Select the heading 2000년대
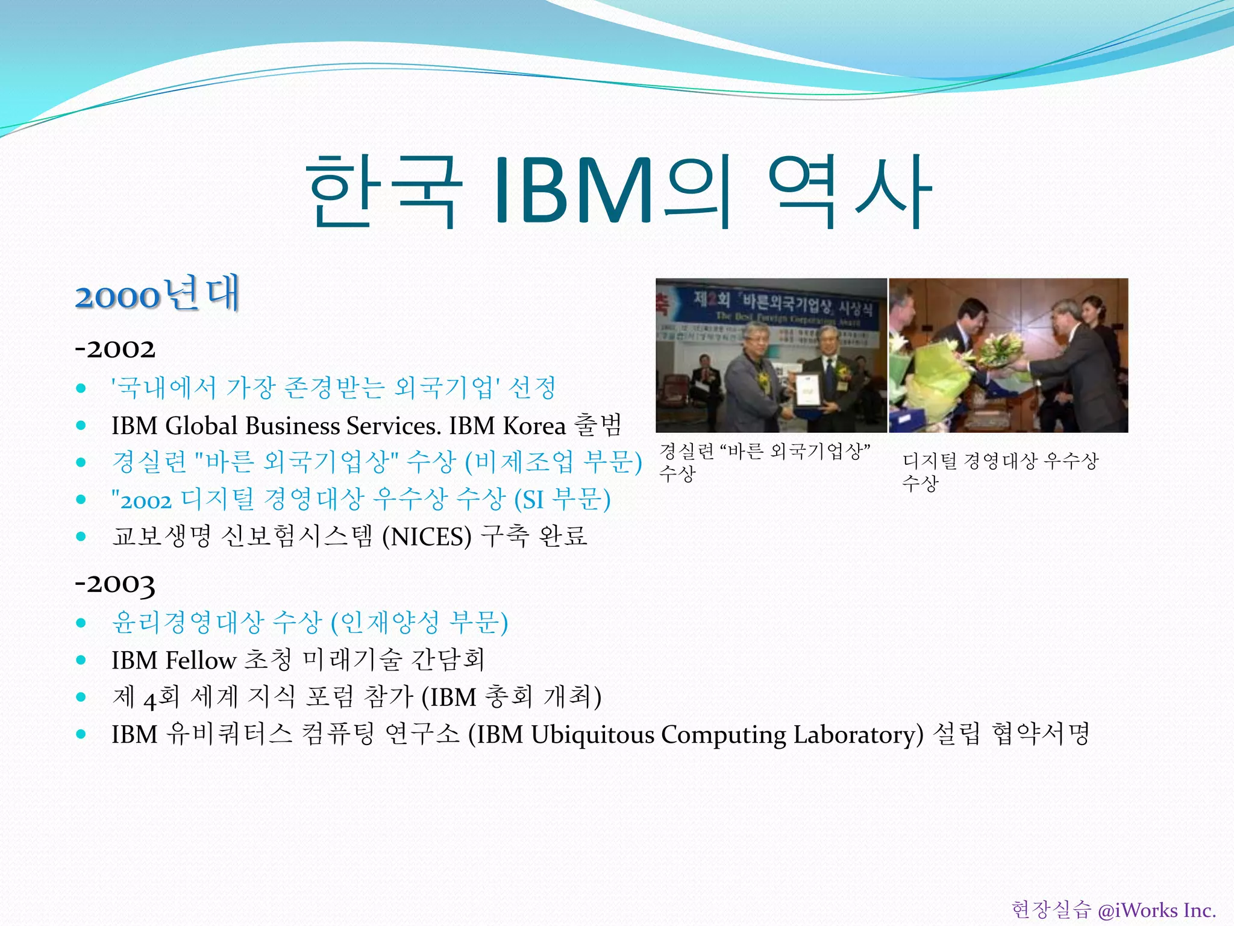tap(158, 294)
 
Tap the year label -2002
tap(115, 349)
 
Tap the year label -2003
tap(115, 584)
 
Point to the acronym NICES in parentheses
tap(427, 537)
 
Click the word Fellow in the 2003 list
tap(201, 660)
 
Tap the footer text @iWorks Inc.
tap(1156, 909)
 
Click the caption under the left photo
tap(764, 461)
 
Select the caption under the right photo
tap(1000, 471)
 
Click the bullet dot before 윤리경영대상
tap(81, 623)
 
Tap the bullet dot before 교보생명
tap(81, 537)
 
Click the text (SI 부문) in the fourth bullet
tap(562, 500)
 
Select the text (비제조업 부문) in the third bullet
tap(553, 462)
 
